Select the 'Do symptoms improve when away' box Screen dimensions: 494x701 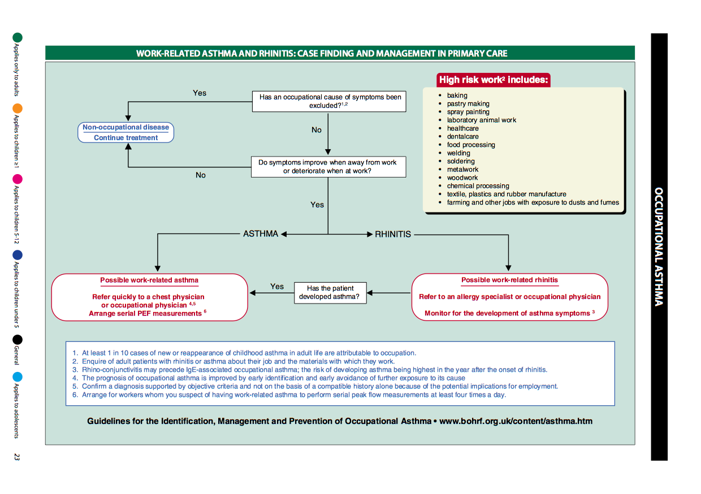(x=328, y=166)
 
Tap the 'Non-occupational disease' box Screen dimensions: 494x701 (x=126, y=132)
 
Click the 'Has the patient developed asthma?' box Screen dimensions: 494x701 (x=330, y=292)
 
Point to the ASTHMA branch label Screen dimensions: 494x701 (x=261, y=234)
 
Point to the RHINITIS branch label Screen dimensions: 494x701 (x=393, y=234)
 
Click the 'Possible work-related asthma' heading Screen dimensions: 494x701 (x=149, y=280)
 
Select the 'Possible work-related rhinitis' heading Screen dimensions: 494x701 (x=509, y=280)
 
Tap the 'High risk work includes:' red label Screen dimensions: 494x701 (x=494, y=80)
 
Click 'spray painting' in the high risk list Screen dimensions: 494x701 (x=468, y=112)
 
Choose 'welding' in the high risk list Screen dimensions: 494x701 (x=458, y=153)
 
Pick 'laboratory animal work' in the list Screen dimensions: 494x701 (x=481, y=120)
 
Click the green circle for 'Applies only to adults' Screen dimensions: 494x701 (x=18, y=37)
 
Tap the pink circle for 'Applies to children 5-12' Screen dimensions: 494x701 (x=18, y=179)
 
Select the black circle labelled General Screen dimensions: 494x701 (x=18, y=339)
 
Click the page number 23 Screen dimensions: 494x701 (x=17, y=457)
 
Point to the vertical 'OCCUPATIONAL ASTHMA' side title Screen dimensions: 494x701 (x=659, y=246)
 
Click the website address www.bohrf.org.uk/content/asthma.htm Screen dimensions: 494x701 (x=516, y=421)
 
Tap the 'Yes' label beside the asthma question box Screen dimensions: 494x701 (x=277, y=287)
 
